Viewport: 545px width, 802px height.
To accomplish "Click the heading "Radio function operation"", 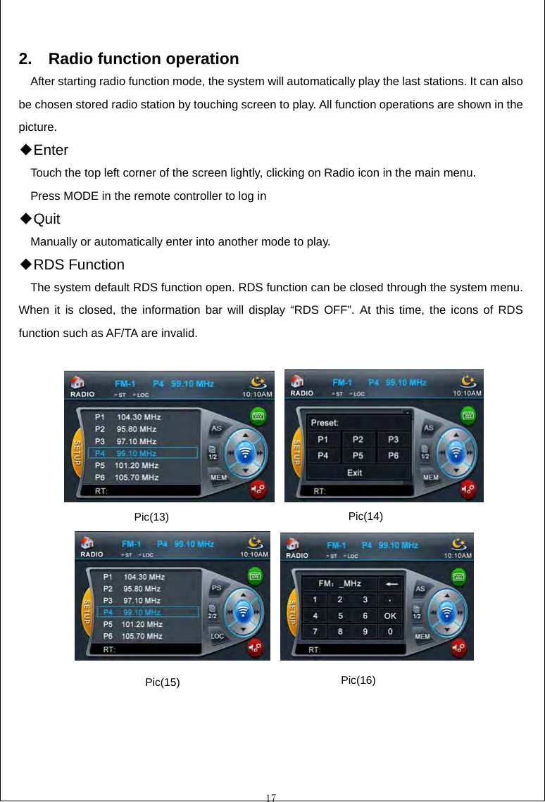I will pos(143,58).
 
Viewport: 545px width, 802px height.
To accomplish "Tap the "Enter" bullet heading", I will pos(50,150).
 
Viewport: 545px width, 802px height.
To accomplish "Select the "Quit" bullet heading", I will pos(46,219).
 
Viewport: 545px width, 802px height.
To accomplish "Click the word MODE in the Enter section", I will pos(81,196).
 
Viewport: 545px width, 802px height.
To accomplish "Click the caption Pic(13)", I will pos(151,517).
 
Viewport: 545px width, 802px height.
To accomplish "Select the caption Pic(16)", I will pos(358,680).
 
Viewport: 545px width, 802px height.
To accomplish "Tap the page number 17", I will pos(271,797).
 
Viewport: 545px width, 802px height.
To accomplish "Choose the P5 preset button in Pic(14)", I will pos(358,455).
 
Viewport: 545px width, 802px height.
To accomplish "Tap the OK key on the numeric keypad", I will pos(389,616).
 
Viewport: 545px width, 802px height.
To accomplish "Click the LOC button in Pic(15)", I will pos(218,636).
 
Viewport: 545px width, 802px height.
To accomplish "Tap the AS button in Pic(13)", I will pos(217,428).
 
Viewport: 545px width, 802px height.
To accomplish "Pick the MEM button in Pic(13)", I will pos(219,478).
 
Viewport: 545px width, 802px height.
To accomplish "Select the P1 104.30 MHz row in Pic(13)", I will pos(127,416).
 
